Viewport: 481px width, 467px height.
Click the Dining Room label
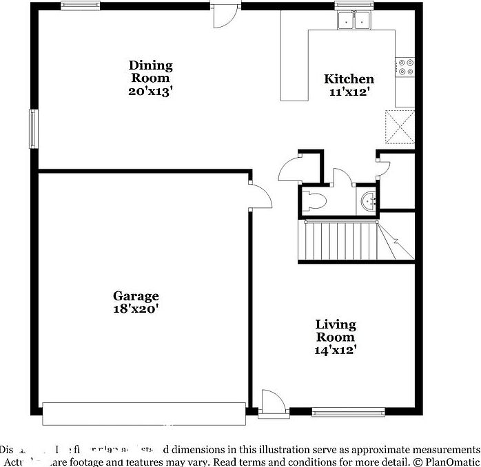tap(150, 72)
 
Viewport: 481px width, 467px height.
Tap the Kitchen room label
tap(349, 79)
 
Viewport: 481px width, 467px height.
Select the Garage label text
tap(136, 296)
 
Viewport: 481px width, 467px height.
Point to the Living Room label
tap(336, 331)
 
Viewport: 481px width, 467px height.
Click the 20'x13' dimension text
tap(150, 91)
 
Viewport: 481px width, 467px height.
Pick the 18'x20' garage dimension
tap(136, 309)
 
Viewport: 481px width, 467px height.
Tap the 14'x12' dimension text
tap(336, 350)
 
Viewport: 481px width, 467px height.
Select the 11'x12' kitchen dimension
tap(349, 92)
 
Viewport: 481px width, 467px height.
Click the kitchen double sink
tap(354, 21)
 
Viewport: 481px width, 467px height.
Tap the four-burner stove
tap(405, 65)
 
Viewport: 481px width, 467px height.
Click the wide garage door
tap(143, 413)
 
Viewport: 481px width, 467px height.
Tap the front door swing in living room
tap(270, 403)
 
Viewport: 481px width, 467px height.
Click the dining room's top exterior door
tap(225, 15)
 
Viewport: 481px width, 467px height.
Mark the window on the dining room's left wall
tap(32, 127)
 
